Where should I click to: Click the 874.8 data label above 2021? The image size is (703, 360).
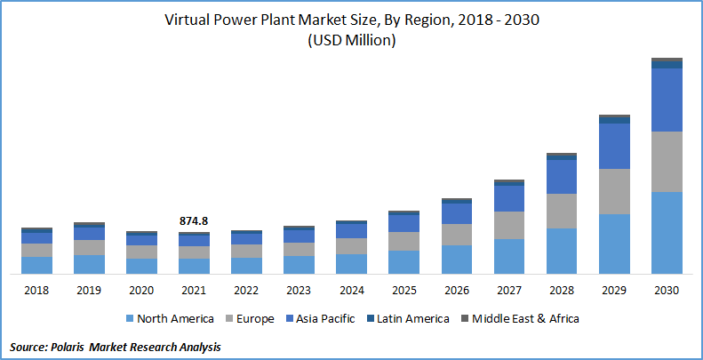[x=194, y=221]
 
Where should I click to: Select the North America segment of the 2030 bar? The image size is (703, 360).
[x=667, y=232]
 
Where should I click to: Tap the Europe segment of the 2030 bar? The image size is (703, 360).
[x=667, y=161]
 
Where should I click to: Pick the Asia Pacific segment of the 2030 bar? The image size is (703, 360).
[x=667, y=100]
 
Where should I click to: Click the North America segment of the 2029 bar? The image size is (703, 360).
[x=614, y=244]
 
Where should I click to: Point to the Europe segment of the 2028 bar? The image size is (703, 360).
[x=562, y=211]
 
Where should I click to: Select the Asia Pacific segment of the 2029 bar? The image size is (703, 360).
[x=614, y=146]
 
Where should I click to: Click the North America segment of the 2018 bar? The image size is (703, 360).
[x=36, y=265]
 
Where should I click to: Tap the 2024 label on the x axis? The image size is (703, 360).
[x=351, y=290]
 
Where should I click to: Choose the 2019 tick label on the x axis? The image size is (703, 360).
[x=89, y=290]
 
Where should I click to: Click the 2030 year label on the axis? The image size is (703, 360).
[x=667, y=290]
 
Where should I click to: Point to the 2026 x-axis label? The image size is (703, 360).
[x=457, y=290]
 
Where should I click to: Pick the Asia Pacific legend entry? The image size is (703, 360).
[x=326, y=318]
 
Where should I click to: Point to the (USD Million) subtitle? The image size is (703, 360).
[x=351, y=41]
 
